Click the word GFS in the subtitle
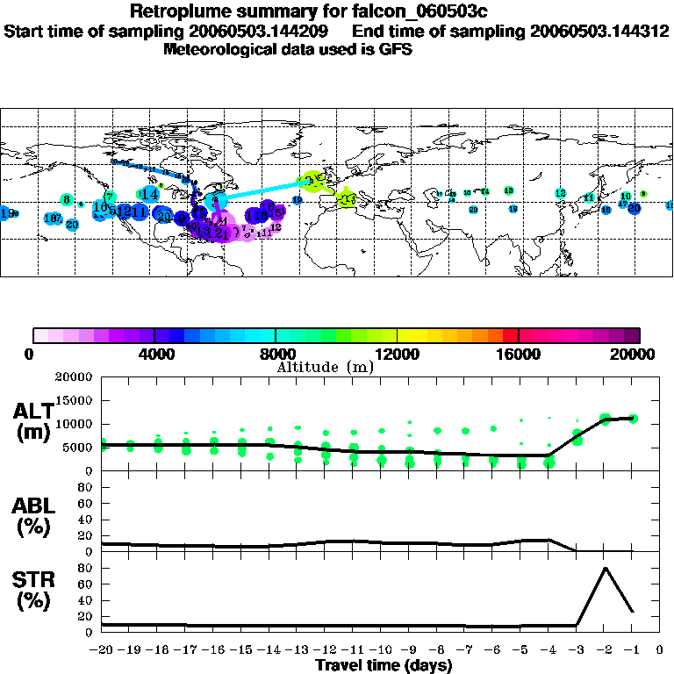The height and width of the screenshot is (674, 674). pos(396,49)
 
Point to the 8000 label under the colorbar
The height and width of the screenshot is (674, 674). pos(276,354)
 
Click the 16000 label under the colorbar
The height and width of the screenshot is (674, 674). pos(519,354)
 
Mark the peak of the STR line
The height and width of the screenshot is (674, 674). pos(605,568)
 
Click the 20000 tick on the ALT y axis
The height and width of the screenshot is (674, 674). pos(71,377)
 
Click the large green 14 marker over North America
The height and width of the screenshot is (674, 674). pos(150,193)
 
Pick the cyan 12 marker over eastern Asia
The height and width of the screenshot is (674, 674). pos(560,193)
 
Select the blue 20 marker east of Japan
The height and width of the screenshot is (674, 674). pos(634,208)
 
